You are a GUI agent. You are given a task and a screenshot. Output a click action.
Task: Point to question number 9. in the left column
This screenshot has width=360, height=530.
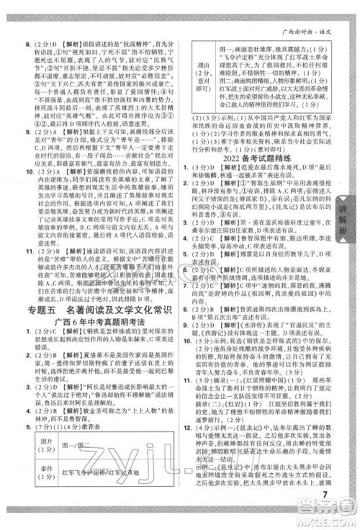(27, 132)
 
